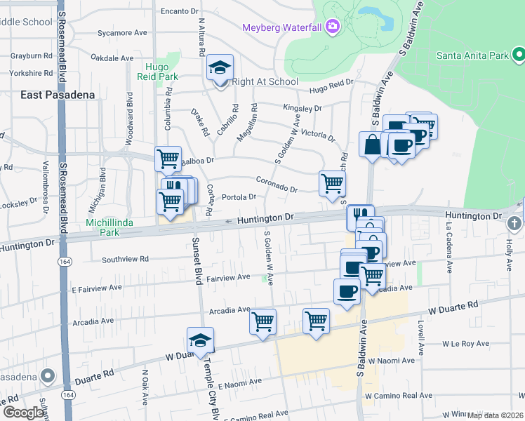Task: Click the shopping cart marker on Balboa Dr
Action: pyautogui.click(x=168, y=159)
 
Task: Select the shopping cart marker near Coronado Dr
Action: pyautogui.click(x=332, y=184)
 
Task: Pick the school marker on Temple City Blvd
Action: pyautogui.click(x=200, y=341)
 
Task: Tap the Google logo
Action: pyautogui.click(x=23, y=412)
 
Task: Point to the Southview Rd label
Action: pyautogui.click(x=125, y=259)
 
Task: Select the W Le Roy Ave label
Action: pyautogui.click(x=466, y=344)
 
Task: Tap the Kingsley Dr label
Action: pyautogui.click(x=302, y=108)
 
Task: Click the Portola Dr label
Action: pyautogui.click(x=239, y=196)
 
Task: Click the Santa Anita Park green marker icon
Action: pyautogui.click(x=518, y=53)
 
